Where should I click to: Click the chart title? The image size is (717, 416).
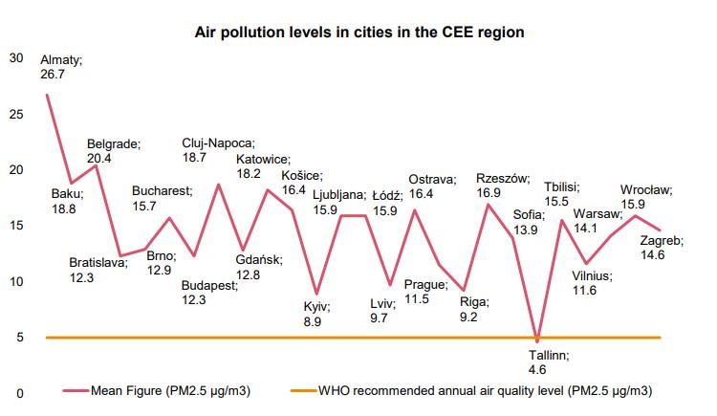tap(358, 32)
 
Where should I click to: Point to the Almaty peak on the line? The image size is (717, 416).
tap(47, 96)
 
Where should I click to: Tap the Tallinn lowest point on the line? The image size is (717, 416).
tap(538, 341)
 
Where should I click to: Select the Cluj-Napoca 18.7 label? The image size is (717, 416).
tap(218, 150)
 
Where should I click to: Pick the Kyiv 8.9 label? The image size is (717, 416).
tap(315, 315)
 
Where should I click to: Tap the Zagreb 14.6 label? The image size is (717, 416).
tap(661, 250)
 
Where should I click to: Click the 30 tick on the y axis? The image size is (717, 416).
tap(15, 57)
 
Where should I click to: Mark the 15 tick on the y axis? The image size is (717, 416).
tap(15, 226)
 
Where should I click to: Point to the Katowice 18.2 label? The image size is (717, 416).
tap(263, 166)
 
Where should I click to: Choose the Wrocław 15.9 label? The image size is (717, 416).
tap(646, 197)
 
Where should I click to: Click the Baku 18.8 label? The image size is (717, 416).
tap(66, 200)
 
